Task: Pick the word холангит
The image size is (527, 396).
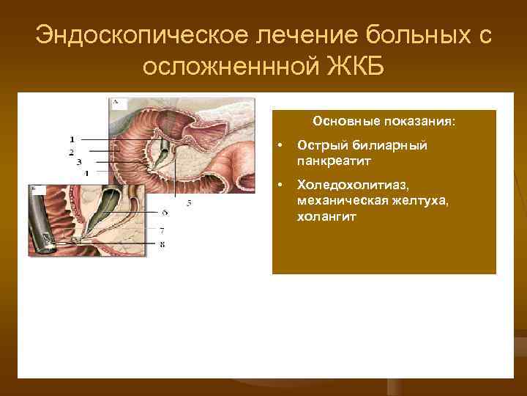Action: point(326,216)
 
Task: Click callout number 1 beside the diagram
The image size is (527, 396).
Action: point(72,139)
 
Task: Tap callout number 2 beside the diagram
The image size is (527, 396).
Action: point(72,151)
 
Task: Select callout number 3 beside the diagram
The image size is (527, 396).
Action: point(78,161)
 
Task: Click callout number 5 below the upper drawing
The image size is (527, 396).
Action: point(189,202)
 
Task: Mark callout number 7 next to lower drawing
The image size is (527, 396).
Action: point(162,230)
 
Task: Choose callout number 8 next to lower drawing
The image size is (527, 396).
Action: point(162,243)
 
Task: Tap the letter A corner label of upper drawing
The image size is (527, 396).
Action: point(115,103)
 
